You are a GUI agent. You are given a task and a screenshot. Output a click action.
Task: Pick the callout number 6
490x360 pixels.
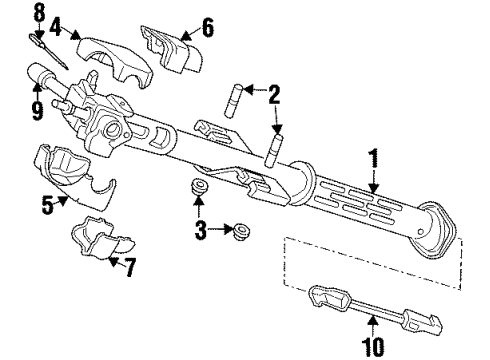pyautogui.click(x=207, y=27)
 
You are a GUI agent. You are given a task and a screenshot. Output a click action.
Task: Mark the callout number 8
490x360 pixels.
pyautogui.click(x=39, y=12)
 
